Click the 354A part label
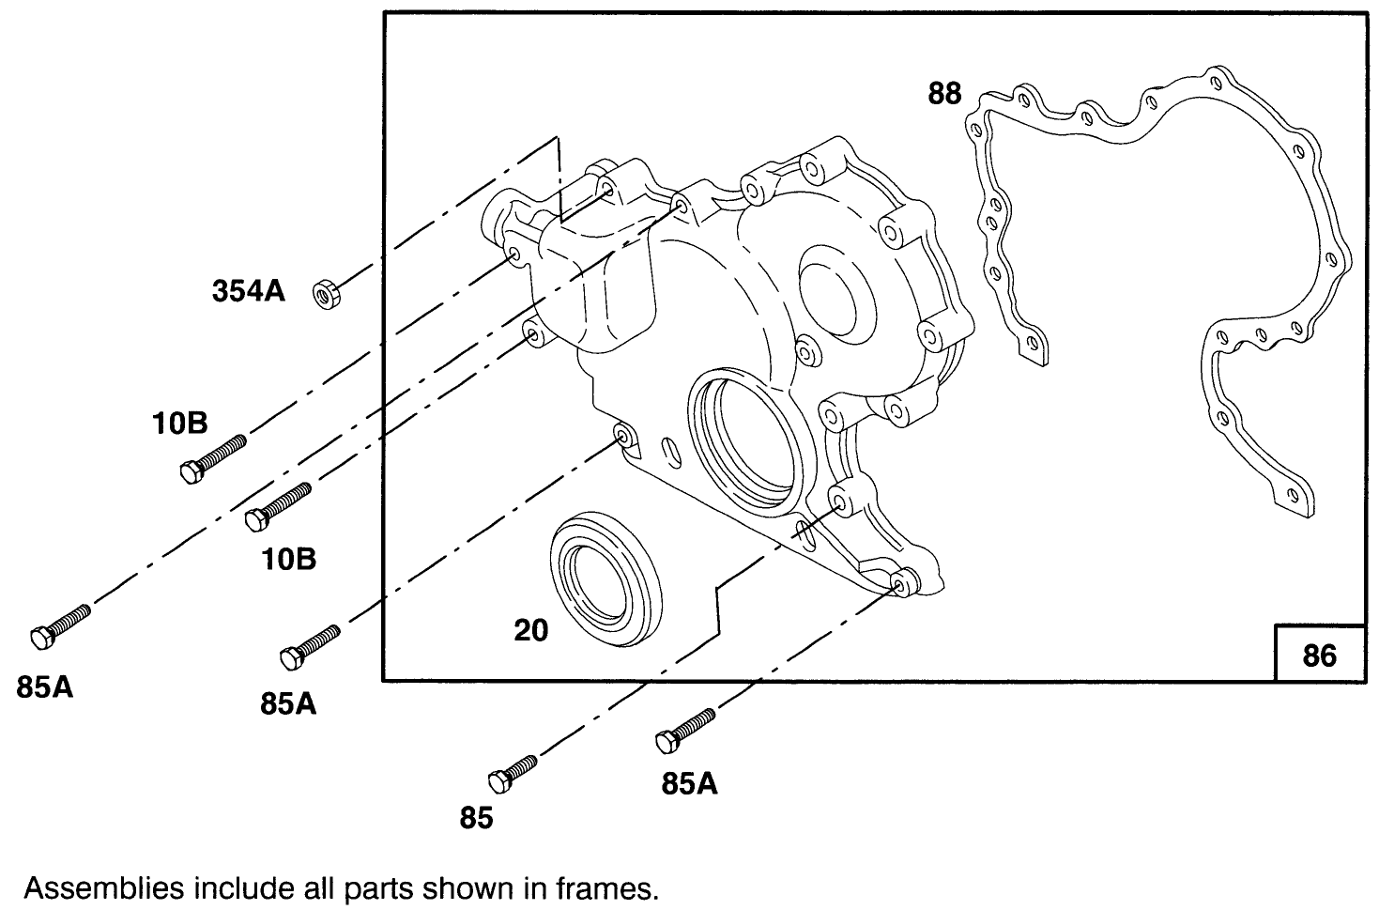pyautogui.click(x=248, y=292)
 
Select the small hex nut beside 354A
pyautogui.click(x=326, y=294)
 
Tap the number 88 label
pyautogui.click(x=944, y=94)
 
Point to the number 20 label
pyautogui.click(x=530, y=630)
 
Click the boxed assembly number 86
pyautogui.click(x=1319, y=655)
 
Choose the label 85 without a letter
pyautogui.click(x=476, y=819)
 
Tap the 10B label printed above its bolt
pyautogui.click(x=180, y=424)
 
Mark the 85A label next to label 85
pyautogui.click(x=689, y=784)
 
